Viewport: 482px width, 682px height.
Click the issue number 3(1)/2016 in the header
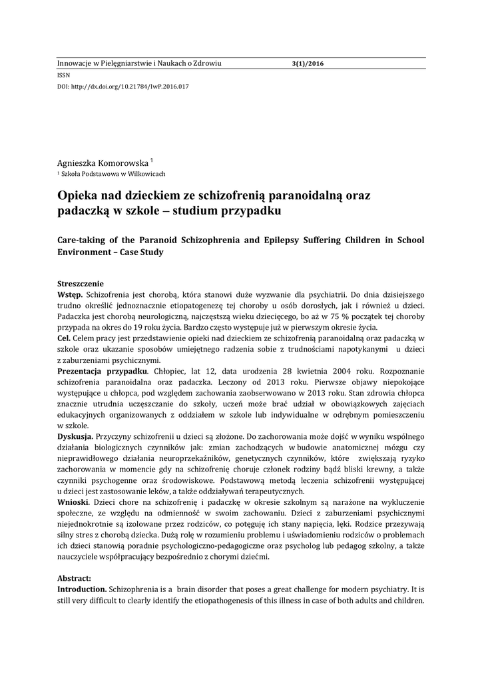point(307,64)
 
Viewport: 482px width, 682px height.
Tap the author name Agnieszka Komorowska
point(103,163)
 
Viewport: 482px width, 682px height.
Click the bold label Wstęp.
point(70,294)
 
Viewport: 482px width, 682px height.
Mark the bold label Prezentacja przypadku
point(102,370)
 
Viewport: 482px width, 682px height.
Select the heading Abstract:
point(75,579)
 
